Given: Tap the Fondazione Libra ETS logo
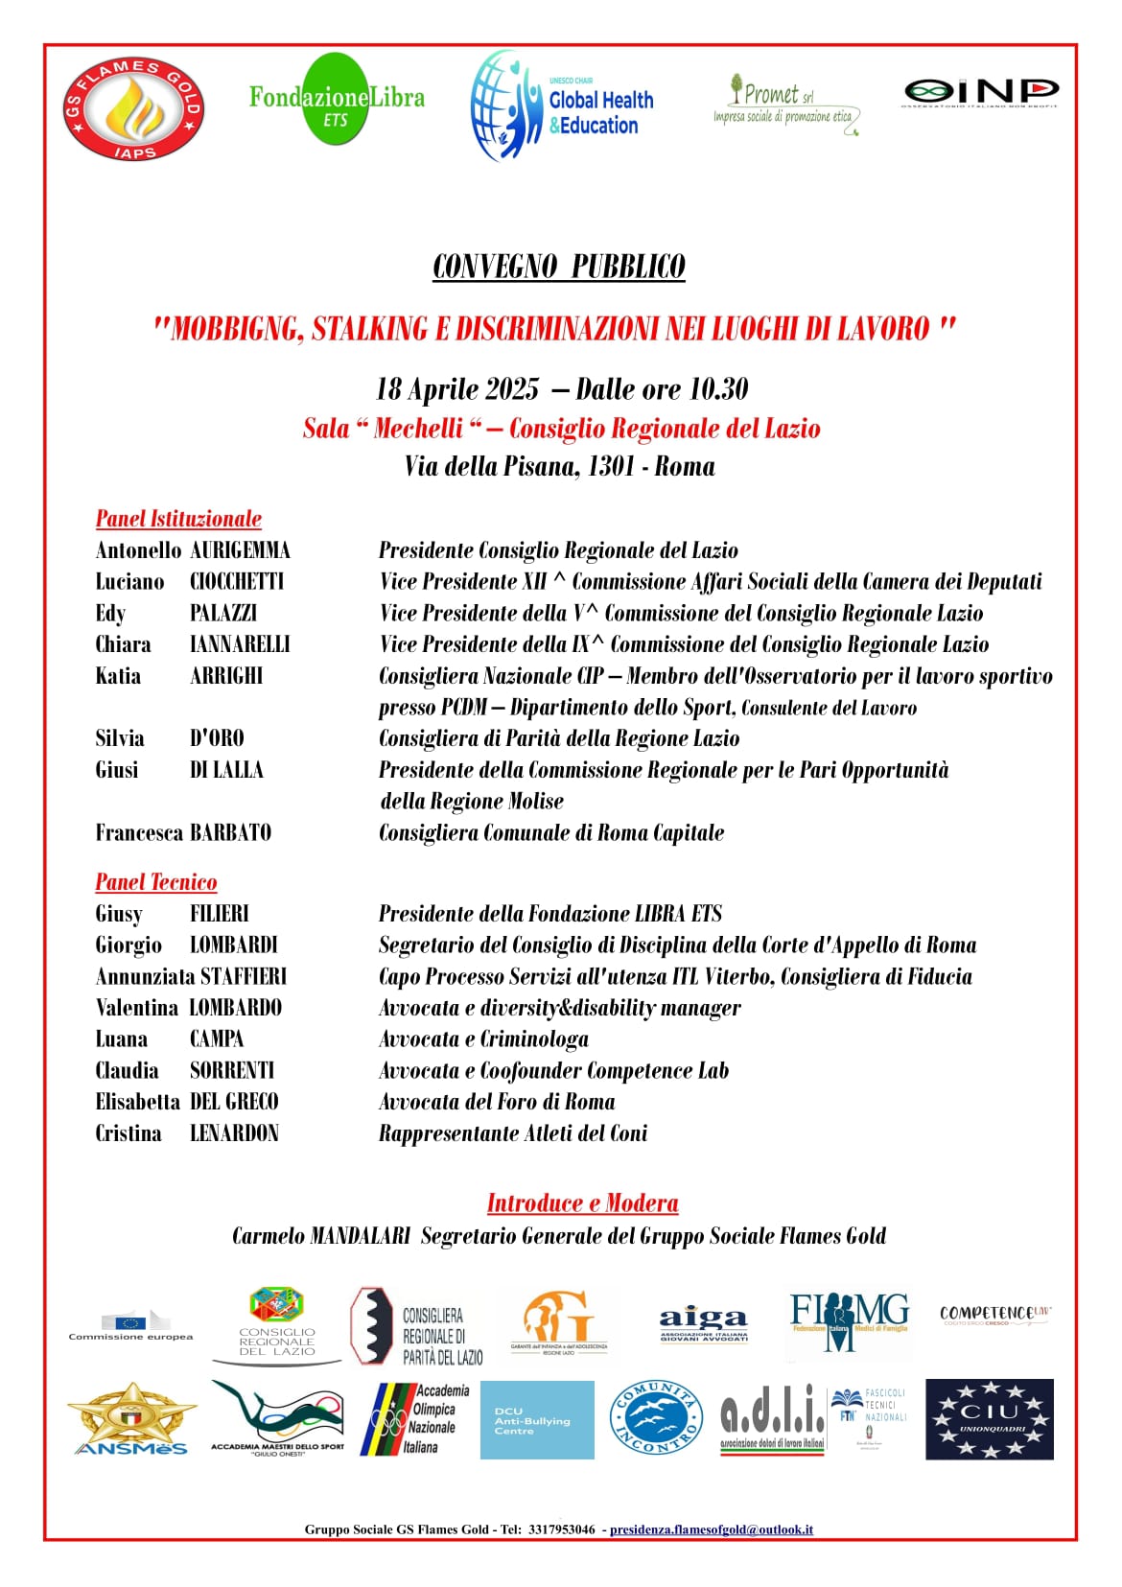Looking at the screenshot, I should click(336, 100).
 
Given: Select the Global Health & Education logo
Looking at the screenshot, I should click(563, 106).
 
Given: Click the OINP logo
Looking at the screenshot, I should click(980, 92).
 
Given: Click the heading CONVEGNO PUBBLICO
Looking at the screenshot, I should click(559, 267).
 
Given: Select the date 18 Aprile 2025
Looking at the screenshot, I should click(457, 388).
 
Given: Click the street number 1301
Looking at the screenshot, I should click(611, 466).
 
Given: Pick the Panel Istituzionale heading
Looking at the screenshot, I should click(178, 519).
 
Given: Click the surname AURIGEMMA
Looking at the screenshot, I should click(240, 550).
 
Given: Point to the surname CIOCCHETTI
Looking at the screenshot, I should click(237, 582).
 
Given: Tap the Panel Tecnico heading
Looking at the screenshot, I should click(156, 882).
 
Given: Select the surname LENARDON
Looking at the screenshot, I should click(234, 1133).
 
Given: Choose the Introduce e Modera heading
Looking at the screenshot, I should click(582, 1203).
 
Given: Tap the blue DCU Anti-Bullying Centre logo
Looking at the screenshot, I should click(536, 1420).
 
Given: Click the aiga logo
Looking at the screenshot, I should click(703, 1324).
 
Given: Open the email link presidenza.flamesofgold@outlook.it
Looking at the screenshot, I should click(711, 1529).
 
